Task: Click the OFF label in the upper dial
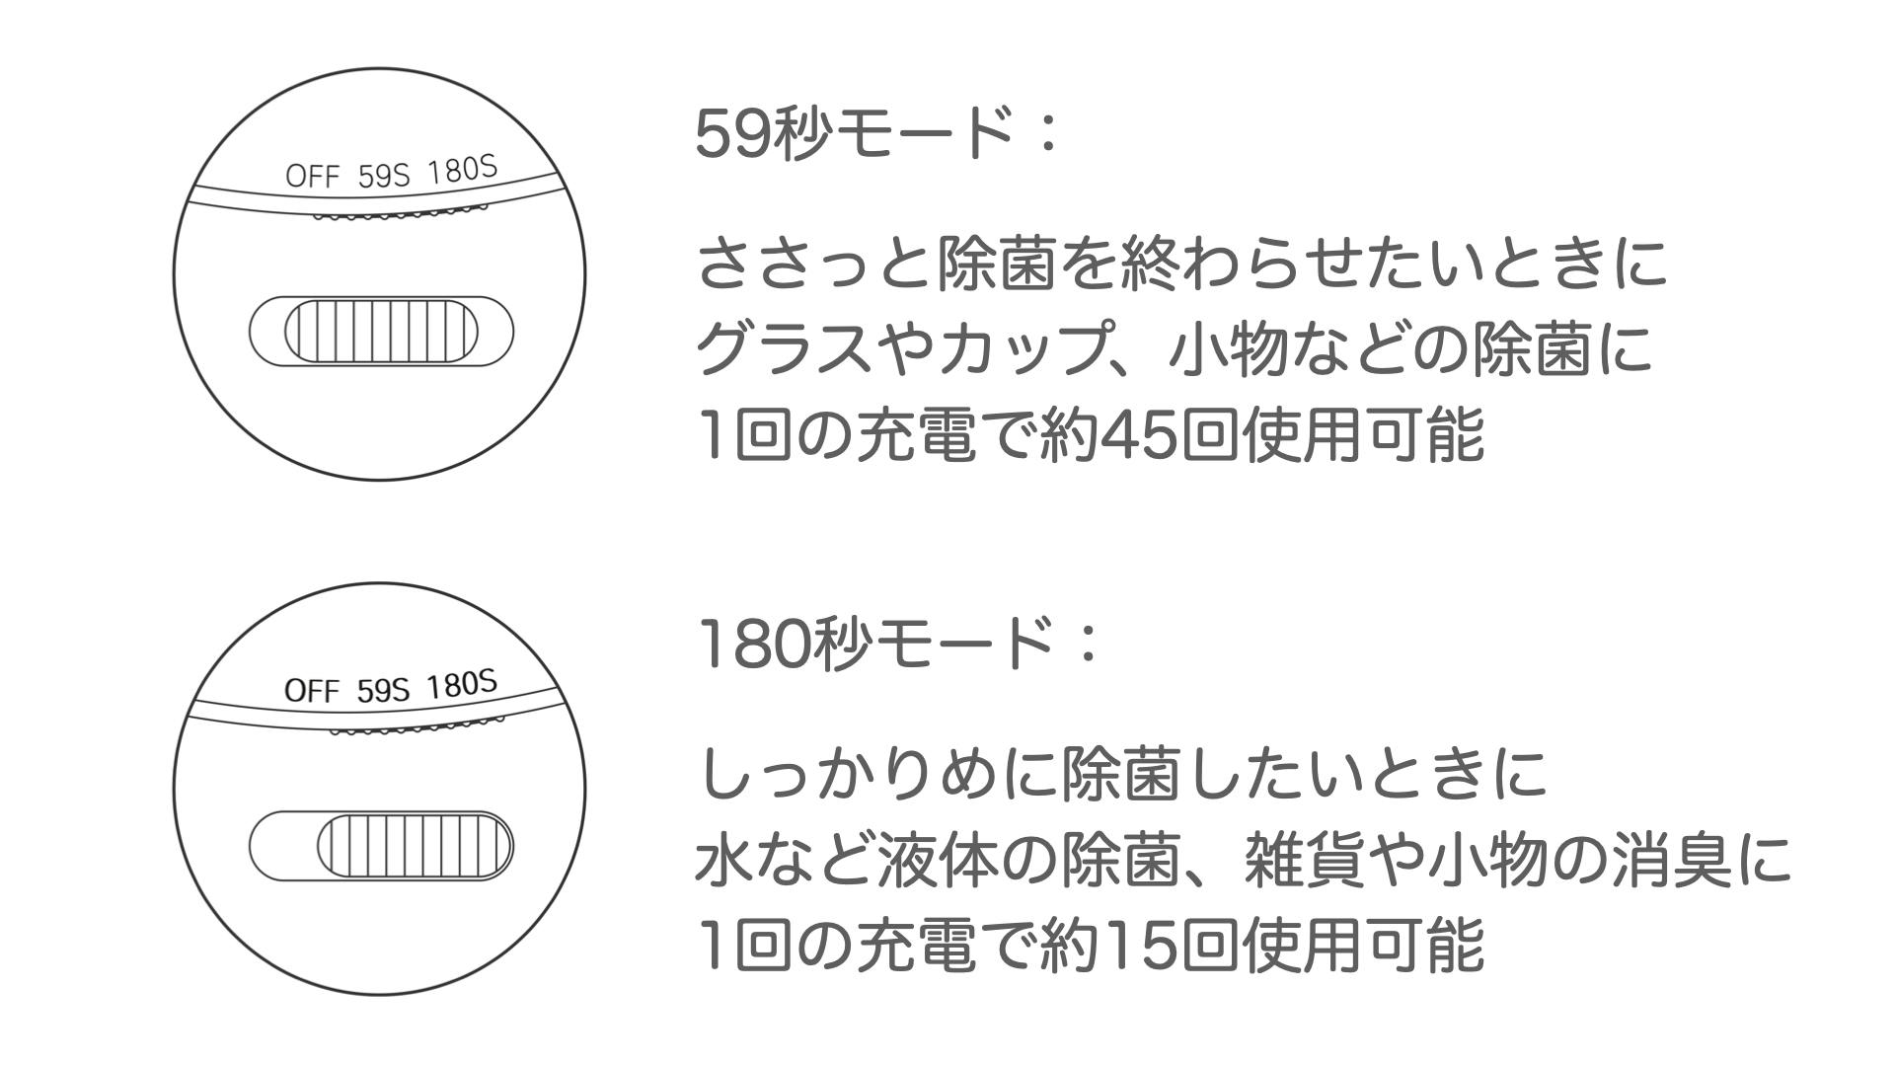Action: tap(312, 176)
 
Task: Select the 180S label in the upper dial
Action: tap(463, 171)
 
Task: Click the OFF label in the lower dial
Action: tap(312, 689)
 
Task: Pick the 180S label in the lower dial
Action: tap(463, 684)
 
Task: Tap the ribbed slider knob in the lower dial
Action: tap(416, 846)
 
